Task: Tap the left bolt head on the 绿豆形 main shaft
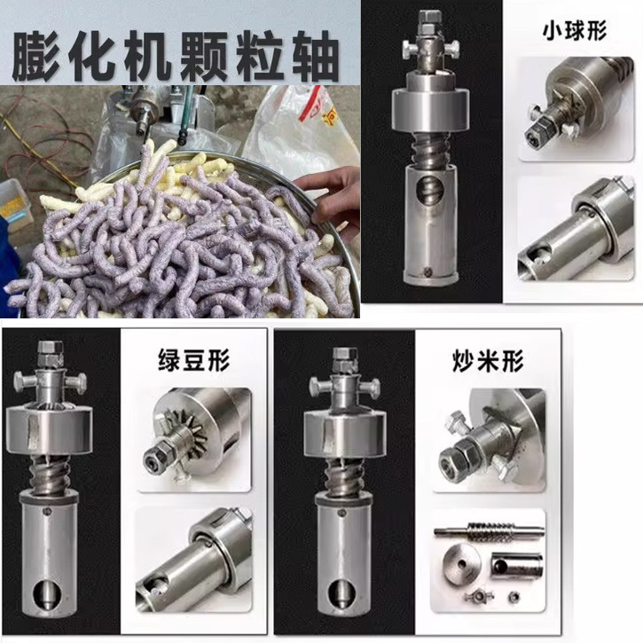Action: [x=23, y=382]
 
